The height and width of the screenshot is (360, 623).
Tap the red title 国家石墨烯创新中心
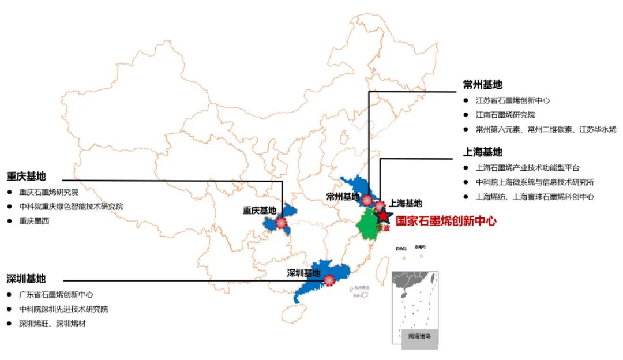click(446, 220)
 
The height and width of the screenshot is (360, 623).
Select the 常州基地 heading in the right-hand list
click(482, 85)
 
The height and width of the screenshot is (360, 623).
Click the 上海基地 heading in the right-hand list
click(482, 152)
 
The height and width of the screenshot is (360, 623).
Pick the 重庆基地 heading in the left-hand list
click(26, 176)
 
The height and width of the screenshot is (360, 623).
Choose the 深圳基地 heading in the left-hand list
click(26, 279)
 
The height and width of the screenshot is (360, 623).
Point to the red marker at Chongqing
click(281, 222)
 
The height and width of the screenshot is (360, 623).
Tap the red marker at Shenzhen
click(329, 280)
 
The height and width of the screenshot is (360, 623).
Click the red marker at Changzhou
click(366, 200)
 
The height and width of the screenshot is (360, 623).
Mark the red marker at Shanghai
click(379, 205)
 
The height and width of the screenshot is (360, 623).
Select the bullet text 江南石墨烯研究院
click(505, 115)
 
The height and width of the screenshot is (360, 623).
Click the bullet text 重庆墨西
click(35, 221)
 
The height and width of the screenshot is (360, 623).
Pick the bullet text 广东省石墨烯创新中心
click(56, 294)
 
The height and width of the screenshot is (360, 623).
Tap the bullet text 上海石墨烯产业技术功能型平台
click(527, 168)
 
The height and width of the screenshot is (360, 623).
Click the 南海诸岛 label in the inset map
click(419, 335)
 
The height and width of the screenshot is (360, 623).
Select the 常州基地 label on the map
click(343, 197)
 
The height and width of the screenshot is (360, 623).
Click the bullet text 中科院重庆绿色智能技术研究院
click(71, 207)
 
